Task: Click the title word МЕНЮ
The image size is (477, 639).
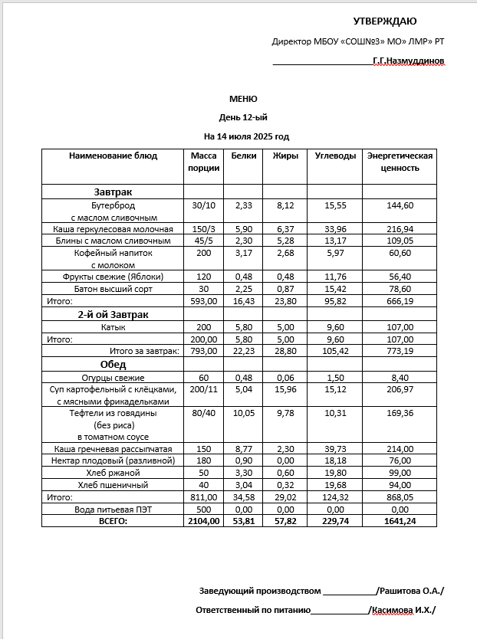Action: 243,99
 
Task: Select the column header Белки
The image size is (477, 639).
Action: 243,156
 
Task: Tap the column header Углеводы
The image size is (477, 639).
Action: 335,156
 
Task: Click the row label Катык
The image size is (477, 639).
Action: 113,327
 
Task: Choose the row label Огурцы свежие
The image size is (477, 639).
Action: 113,378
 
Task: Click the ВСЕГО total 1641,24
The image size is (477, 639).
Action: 400,520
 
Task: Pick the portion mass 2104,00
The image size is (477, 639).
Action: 204,520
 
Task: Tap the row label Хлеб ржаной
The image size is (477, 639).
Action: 113,474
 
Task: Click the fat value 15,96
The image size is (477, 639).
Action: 285,389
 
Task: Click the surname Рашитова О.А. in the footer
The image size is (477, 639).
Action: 411,591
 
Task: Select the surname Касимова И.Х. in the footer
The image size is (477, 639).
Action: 403,611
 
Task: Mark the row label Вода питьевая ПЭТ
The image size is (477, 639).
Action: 113,509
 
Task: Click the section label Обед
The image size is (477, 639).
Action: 113,365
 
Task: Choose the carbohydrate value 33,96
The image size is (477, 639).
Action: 335,229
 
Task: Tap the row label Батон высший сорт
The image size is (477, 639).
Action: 113,289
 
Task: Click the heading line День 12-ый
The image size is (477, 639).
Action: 243,117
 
